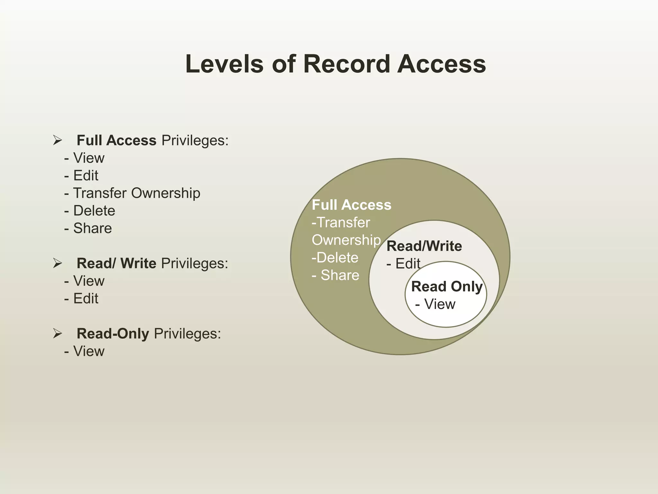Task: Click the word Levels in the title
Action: [x=224, y=64]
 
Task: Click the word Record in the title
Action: [x=346, y=64]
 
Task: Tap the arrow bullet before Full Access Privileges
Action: [x=58, y=140]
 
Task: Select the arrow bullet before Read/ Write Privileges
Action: [x=58, y=263]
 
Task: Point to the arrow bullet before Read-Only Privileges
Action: [x=58, y=334]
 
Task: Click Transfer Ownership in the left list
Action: [x=137, y=193]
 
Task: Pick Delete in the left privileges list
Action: [x=94, y=211]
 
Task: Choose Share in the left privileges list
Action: [x=92, y=228]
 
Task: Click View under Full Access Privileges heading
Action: [x=89, y=158]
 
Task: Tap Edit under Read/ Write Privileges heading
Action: [x=85, y=298]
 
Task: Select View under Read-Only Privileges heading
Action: [x=89, y=351]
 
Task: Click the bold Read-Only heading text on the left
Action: [x=113, y=334]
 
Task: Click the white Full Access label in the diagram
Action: [x=351, y=205]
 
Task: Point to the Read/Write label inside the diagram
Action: [x=424, y=246]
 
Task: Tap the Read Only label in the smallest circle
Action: [x=447, y=287]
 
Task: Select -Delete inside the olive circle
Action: [x=335, y=258]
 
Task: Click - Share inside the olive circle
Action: [x=336, y=275]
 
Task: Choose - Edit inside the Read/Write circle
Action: [x=404, y=264]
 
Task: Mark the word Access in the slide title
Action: [x=441, y=64]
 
